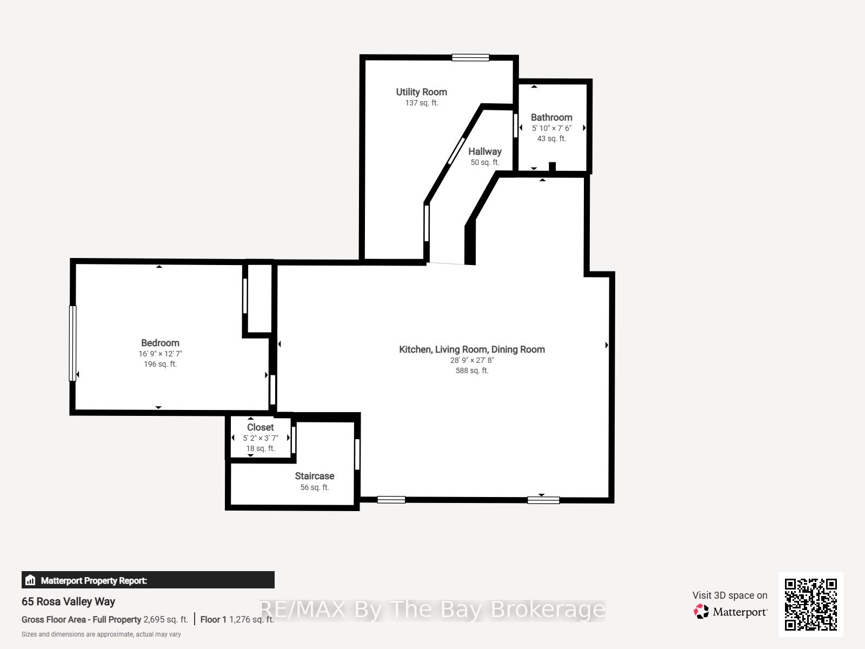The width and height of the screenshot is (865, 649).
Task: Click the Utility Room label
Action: point(421,92)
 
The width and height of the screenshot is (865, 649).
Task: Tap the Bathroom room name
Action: point(551,117)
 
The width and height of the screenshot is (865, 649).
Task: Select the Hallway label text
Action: point(485,152)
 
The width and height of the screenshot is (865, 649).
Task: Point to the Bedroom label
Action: point(160,343)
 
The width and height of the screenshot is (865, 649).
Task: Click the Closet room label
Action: point(260,427)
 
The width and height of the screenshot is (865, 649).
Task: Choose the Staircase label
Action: point(315,476)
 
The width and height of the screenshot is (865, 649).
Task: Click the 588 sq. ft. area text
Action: point(472,370)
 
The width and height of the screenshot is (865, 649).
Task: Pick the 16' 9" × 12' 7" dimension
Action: point(160,354)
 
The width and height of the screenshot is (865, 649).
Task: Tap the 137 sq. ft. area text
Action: point(421,103)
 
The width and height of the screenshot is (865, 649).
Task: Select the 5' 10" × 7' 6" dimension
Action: point(551,128)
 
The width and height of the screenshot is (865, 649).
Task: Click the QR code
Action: point(810,604)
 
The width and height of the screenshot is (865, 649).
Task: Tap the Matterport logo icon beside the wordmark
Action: point(701,611)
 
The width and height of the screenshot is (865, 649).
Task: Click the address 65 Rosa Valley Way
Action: point(68,602)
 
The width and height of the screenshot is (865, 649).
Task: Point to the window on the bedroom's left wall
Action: point(72,343)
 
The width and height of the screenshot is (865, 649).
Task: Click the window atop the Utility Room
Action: point(470,57)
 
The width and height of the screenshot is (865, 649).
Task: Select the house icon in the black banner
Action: point(30,580)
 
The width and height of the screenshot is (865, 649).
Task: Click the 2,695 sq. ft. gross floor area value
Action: point(165,619)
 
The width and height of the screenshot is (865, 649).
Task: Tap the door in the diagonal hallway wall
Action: point(456,150)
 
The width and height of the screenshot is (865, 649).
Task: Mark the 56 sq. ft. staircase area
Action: point(315,487)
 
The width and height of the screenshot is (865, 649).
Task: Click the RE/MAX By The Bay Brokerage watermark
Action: point(432,610)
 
